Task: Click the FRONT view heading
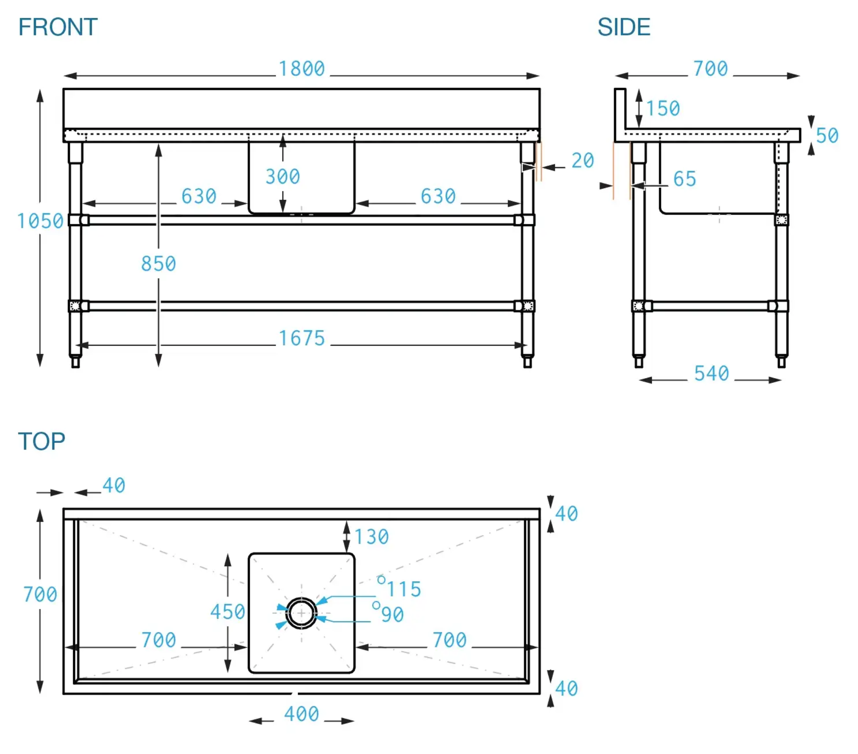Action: (x=58, y=27)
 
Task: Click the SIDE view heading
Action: (x=623, y=27)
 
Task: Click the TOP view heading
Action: (x=41, y=441)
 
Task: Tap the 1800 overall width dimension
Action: (x=302, y=69)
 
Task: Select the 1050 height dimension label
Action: (x=40, y=221)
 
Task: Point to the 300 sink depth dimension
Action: (x=282, y=177)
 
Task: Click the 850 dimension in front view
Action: (x=158, y=264)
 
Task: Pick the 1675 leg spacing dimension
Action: (x=302, y=338)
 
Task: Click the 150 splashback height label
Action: (x=663, y=108)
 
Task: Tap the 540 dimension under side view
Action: (x=711, y=374)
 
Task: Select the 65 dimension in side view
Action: (x=684, y=179)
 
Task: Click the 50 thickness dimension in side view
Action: (x=827, y=136)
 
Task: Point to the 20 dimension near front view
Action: (x=582, y=161)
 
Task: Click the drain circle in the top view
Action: (x=301, y=614)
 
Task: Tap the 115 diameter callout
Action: (x=404, y=589)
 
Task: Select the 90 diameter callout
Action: (x=392, y=615)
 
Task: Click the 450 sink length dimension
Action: (x=227, y=612)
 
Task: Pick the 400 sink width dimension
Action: (x=302, y=714)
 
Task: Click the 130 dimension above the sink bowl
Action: (x=372, y=537)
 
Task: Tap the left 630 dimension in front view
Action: (x=199, y=197)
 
